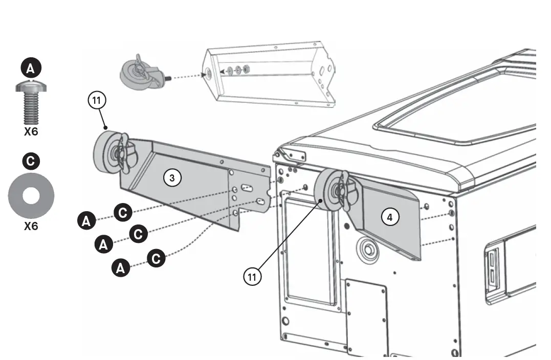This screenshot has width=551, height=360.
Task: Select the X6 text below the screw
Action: point(31,131)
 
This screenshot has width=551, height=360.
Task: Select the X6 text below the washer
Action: point(31,226)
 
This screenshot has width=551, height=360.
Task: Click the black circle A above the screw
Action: point(31,67)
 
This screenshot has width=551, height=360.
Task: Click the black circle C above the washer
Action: point(31,162)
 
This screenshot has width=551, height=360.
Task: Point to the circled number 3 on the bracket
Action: point(172,178)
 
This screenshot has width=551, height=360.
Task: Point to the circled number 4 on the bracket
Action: point(390,217)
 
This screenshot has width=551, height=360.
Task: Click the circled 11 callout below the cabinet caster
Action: point(252,277)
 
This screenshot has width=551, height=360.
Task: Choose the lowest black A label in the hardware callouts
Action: point(121,267)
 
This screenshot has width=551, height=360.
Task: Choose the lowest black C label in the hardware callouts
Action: point(156,258)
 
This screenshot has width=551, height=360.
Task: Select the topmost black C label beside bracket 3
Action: point(122,212)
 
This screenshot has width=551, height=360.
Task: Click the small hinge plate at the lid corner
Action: point(293,155)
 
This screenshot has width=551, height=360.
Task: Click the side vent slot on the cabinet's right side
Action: point(492,268)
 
